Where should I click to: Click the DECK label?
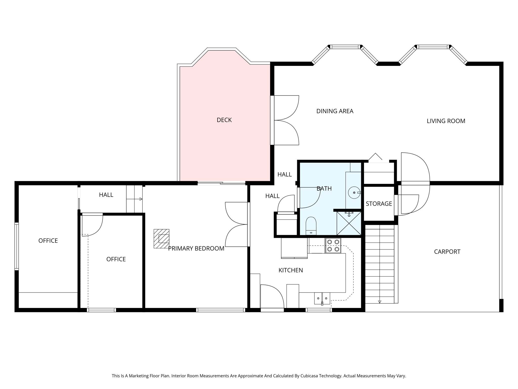pyautogui.click(x=224, y=120)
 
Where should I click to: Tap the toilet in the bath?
pyautogui.click(x=311, y=225)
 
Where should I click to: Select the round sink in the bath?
pyautogui.click(x=354, y=193)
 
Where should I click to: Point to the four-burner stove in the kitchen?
pyautogui.click(x=333, y=246)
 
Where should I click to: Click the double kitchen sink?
pyautogui.click(x=322, y=298)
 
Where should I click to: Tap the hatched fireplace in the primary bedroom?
pyautogui.click(x=161, y=239)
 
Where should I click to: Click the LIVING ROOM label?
pyautogui.click(x=446, y=121)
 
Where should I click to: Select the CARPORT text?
pyautogui.click(x=447, y=252)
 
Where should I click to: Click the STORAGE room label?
pyautogui.click(x=379, y=204)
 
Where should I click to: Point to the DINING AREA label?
pyautogui.click(x=335, y=111)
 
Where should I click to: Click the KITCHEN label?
pyautogui.click(x=291, y=270)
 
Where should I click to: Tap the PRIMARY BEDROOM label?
pyautogui.click(x=196, y=249)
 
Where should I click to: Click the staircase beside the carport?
pyautogui.click(x=379, y=265)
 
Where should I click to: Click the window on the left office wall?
pyautogui.click(x=17, y=246)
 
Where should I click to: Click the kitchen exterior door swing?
pyautogui.click(x=272, y=296)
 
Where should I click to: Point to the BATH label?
pyautogui.click(x=324, y=189)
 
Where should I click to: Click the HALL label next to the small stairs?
pyautogui.click(x=106, y=195)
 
